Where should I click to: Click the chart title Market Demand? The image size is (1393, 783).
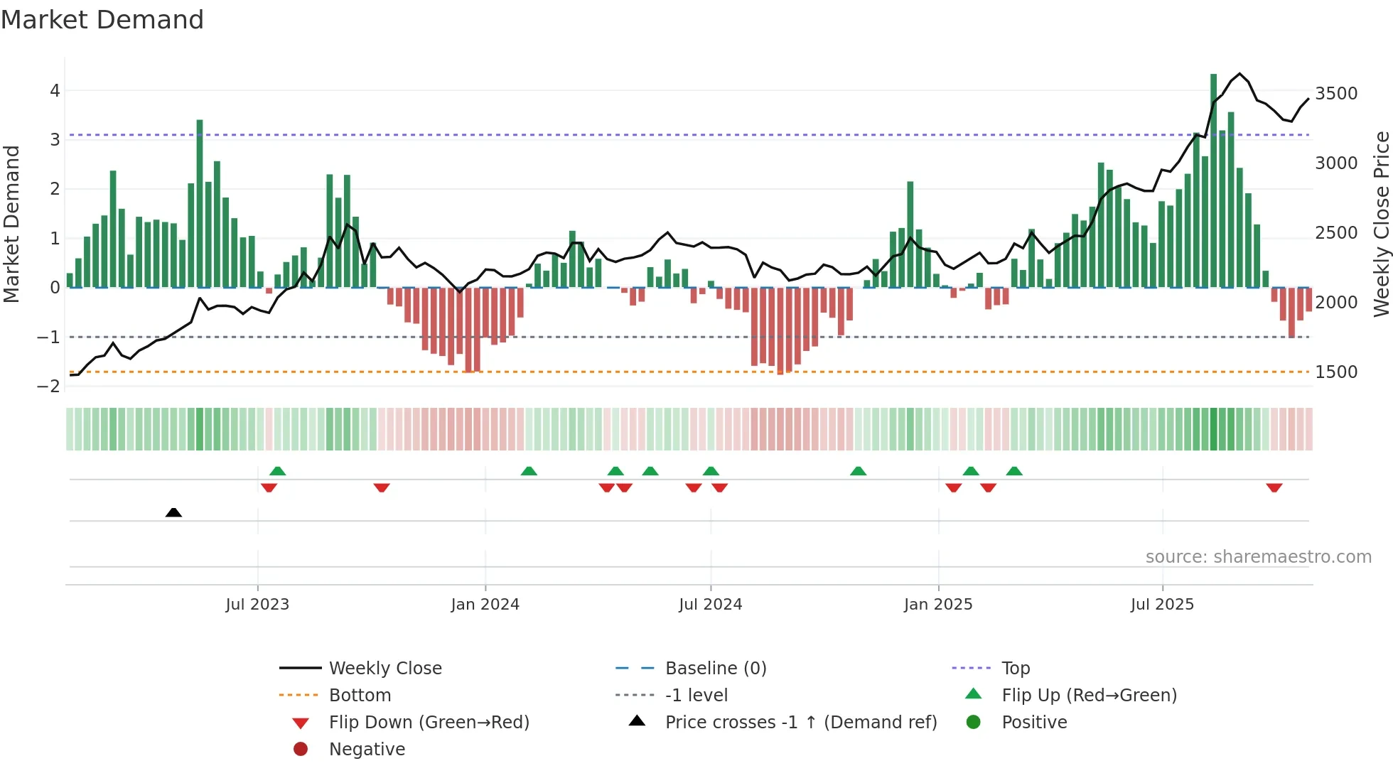pyautogui.click(x=102, y=20)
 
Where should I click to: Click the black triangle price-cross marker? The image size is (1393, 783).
pyautogui.click(x=173, y=512)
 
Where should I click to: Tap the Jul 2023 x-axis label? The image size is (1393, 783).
pyautogui.click(x=257, y=605)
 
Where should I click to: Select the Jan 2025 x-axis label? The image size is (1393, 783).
pyautogui.click(x=938, y=605)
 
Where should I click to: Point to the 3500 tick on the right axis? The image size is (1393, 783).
pyautogui.click(x=1336, y=94)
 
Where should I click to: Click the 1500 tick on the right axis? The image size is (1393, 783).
pyautogui.click(x=1336, y=372)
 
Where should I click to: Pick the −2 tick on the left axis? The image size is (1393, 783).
pyautogui.click(x=48, y=387)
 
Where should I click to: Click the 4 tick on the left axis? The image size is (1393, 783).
pyautogui.click(x=55, y=91)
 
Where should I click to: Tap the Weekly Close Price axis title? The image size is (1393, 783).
pyautogui.click(x=1381, y=224)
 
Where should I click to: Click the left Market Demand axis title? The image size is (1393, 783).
pyautogui.click(x=12, y=224)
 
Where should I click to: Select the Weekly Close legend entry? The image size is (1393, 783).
pyautogui.click(x=385, y=669)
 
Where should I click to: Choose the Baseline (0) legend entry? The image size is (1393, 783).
pyautogui.click(x=716, y=669)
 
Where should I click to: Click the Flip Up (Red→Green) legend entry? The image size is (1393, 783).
pyautogui.click(x=1089, y=696)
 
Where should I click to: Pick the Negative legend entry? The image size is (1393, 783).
pyautogui.click(x=367, y=750)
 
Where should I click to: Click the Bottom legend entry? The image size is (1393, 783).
pyautogui.click(x=360, y=696)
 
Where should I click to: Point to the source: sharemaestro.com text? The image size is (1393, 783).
pyautogui.click(x=1258, y=557)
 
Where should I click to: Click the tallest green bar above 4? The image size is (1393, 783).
pyautogui.click(x=1214, y=178)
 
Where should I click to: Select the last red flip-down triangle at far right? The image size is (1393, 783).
pyautogui.click(x=1274, y=487)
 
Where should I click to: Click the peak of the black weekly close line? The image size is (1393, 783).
pyautogui.click(x=1239, y=74)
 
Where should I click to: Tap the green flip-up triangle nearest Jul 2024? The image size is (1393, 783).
pyautogui.click(x=711, y=471)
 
